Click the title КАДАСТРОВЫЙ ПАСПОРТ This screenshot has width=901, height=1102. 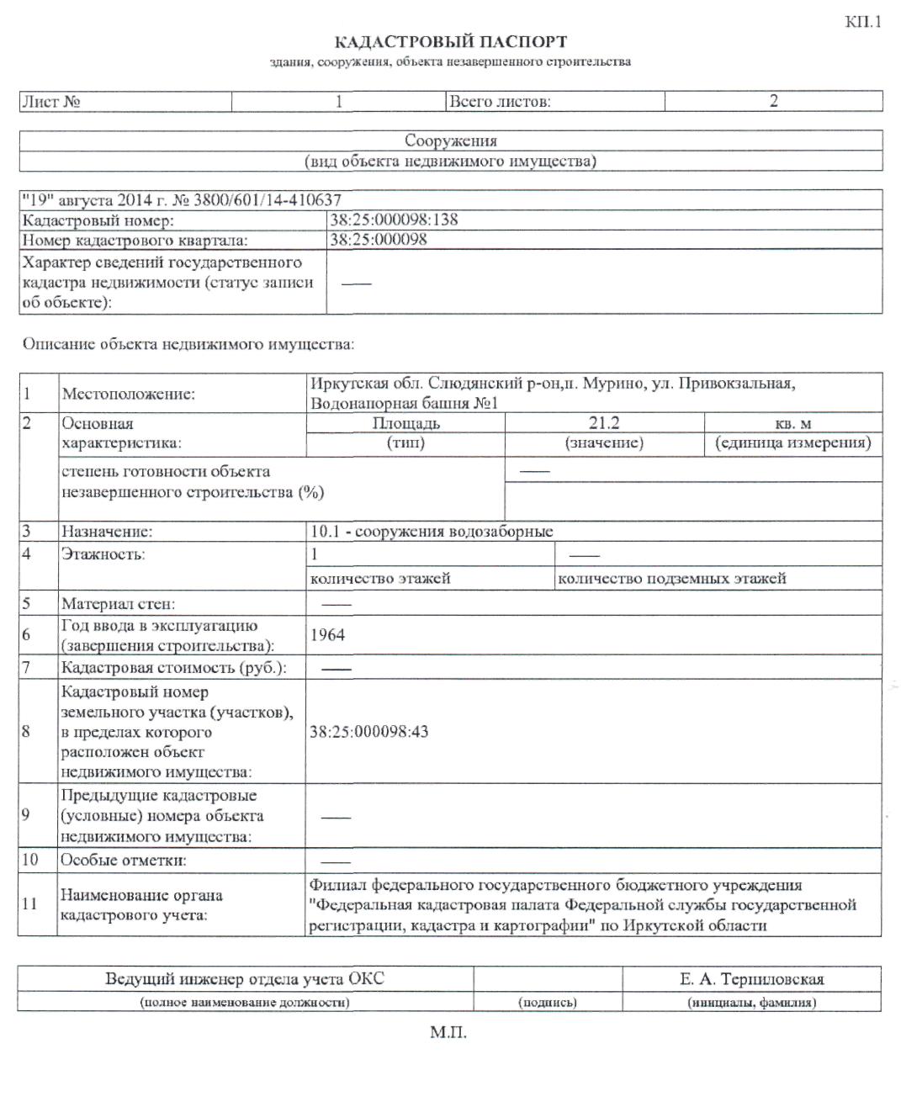click(451, 41)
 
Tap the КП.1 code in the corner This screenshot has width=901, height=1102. click(863, 22)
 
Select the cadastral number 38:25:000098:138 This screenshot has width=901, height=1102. click(394, 220)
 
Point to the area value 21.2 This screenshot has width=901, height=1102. click(604, 422)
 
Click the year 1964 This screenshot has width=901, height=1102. click(327, 635)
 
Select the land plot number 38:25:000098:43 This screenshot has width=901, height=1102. click(368, 731)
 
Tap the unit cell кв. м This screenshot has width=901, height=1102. click(792, 423)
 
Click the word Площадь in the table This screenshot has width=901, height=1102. click(405, 423)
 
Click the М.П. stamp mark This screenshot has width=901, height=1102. click(448, 1032)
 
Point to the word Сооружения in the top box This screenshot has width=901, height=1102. click(451, 140)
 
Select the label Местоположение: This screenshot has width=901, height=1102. click(128, 394)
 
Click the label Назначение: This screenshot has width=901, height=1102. click(106, 531)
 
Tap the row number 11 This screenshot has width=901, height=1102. click(29, 903)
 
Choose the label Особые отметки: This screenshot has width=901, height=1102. click(123, 860)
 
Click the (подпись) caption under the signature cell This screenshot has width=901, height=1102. click(548, 1002)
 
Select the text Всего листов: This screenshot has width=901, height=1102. click(500, 102)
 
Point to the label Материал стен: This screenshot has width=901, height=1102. click(118, 603)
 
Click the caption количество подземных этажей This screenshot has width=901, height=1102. click(671, 578)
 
